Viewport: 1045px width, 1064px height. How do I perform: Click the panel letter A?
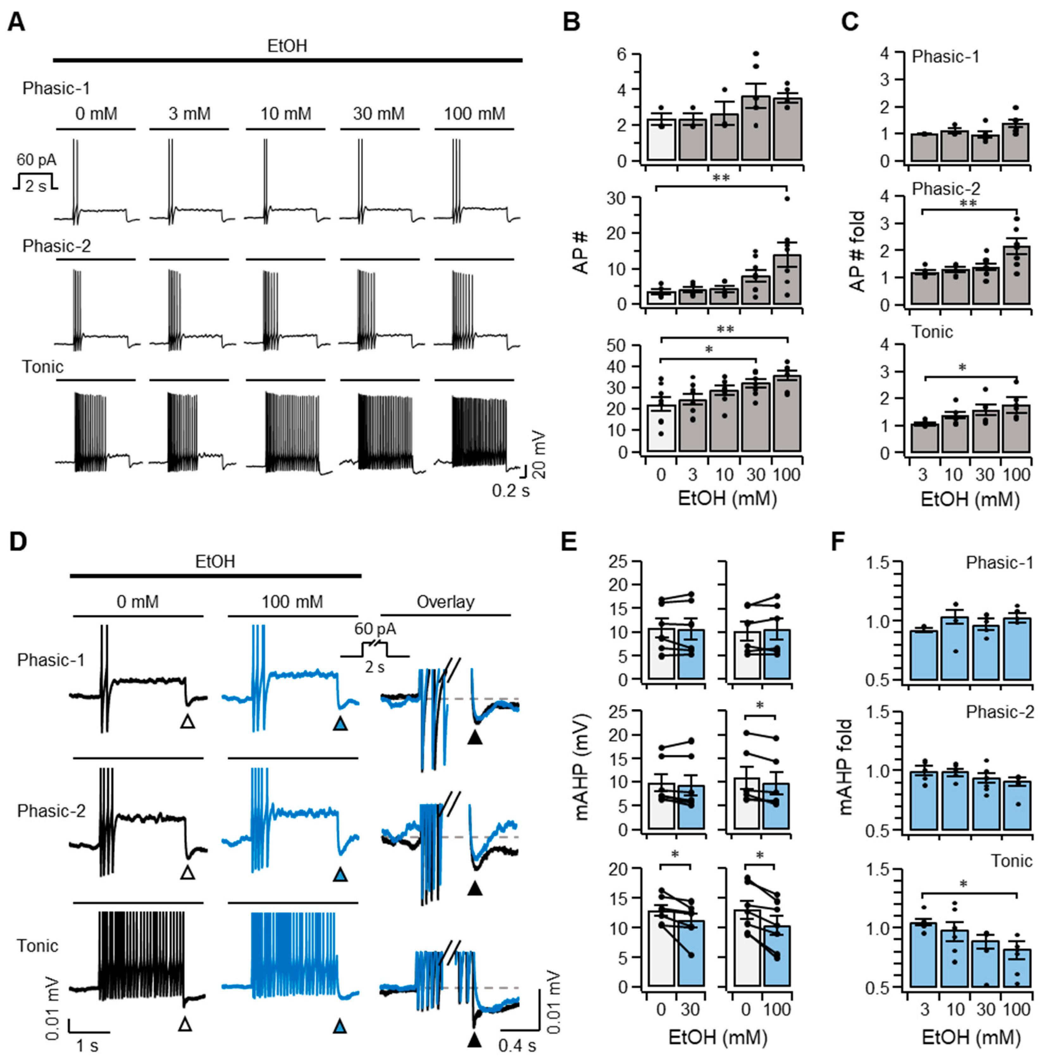(16, 23)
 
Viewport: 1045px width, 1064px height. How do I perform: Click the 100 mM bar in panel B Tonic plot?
(787, 414)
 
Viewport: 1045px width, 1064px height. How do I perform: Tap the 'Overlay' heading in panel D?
(445, 602)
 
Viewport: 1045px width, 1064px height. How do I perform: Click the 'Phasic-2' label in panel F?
(999, 712)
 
